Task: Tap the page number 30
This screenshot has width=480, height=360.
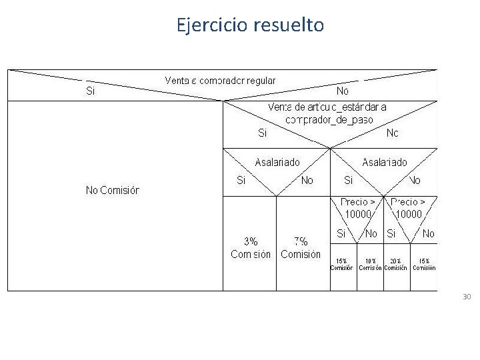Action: click(x=467, y=297)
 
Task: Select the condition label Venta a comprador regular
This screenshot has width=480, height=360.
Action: click(x=220, y=81)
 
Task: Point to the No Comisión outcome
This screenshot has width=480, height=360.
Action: click(x=113, y=191)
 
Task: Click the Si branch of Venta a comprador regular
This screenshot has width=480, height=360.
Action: click(x=91, y=91)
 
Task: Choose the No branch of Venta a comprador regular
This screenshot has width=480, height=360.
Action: click(x=343, y=91)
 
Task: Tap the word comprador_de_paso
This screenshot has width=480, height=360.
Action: click(x=329, y=120)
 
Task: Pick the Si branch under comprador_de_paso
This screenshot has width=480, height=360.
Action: click(x=263, y=133)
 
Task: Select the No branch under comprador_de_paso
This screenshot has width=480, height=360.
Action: click(x=393, y=133)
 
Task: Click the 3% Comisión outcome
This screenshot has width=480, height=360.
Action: click(x=251, y=248)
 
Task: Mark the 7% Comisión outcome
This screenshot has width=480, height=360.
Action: click(x=301, y=248)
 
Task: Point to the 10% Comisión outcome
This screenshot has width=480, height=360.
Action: click(x=370, y=265)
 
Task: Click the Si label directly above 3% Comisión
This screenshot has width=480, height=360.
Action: click(x=241, y=180)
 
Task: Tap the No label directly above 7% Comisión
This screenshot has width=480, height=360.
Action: click(x=307, y=180)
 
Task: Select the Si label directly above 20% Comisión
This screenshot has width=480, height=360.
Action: click(x=391, y=233)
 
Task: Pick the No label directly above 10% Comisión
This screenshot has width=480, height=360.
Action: click(x=371, y=233)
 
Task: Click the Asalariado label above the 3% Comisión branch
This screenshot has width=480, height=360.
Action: click(x=277, y=162)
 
